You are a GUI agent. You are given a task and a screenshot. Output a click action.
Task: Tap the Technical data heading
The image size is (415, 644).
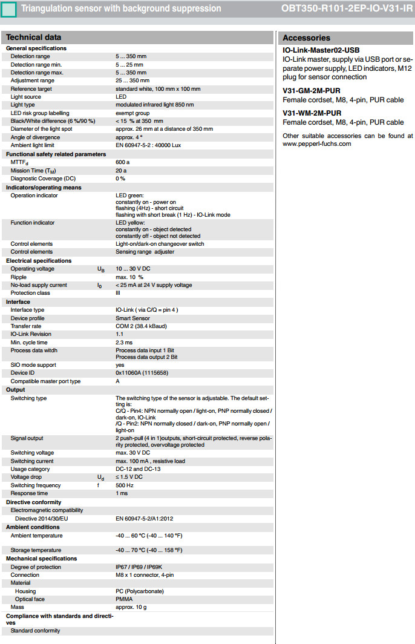click(34, 37)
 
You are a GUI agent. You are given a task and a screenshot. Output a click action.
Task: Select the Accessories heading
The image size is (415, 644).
click(306, 38)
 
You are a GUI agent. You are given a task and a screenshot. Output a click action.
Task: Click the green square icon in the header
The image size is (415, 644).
click(8, 10)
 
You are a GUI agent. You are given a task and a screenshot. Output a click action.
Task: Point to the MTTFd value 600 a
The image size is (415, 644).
click(123, 162)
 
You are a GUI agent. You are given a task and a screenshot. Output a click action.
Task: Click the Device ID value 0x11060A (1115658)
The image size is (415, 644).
click(143, 373)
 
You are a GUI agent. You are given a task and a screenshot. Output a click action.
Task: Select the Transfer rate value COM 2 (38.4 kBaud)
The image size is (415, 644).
click(143, 326)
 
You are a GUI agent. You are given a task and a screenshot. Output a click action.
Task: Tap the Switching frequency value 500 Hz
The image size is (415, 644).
click(124, 485)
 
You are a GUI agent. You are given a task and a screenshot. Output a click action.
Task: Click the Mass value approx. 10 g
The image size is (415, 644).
click(131, 607)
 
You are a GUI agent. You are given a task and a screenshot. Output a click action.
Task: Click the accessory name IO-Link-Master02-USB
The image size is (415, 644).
click(321, 50)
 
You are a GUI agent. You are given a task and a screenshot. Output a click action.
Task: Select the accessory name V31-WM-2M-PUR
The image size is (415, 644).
click(312, 113)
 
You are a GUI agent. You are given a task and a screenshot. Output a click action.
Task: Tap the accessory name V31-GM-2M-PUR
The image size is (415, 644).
click(311, 91)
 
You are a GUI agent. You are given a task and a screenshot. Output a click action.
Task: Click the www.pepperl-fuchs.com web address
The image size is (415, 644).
click(316, 144)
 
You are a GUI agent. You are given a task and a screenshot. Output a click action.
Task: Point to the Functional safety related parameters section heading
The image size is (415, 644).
click(56, 154)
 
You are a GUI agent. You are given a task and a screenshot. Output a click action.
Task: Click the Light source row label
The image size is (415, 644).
click(26, 97)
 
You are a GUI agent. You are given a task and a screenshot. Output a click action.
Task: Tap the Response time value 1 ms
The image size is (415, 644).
click(122, 493)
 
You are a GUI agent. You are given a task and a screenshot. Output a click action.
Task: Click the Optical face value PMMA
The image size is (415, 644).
click(124, 599)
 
